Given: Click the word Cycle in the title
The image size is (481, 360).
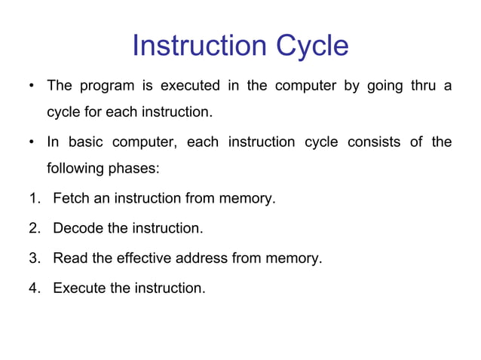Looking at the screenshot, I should [x=311, y=46].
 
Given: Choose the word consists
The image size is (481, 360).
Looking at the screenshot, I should [x=374, y=142].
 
